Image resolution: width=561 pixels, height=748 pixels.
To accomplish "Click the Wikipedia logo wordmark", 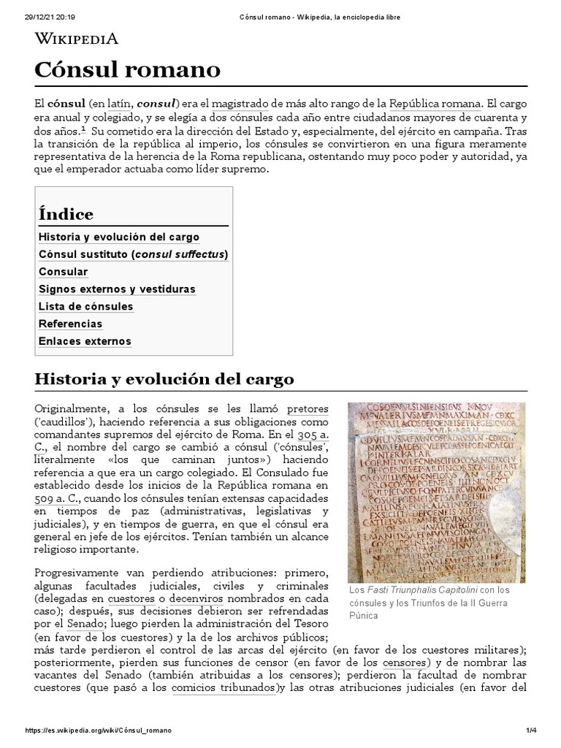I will point(77,39).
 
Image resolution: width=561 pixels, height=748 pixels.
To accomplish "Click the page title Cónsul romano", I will point(127,70).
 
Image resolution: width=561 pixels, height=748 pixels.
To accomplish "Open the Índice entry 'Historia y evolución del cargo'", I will point(119,237).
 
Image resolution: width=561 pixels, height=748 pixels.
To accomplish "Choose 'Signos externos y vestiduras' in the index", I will point(117,289).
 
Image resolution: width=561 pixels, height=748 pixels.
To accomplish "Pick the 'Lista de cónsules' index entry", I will point(86,307).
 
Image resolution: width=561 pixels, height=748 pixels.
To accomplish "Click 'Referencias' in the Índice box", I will point(70,324).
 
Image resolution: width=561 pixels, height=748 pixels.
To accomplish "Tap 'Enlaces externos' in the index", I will point(85,341).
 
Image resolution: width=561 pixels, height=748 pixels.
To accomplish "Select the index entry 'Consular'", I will point(64,272).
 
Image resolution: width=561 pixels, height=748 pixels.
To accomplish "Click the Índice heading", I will point(66,214).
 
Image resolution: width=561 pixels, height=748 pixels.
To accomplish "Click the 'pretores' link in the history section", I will point(308,408).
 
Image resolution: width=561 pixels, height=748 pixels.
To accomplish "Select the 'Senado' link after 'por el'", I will point(85,624).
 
